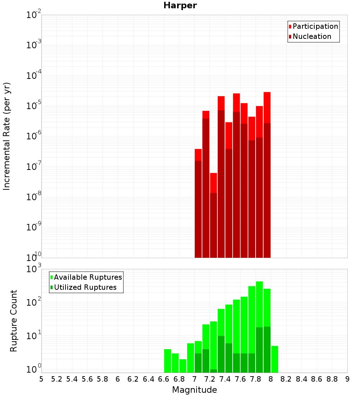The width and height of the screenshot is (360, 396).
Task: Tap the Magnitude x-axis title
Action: coord(194,390)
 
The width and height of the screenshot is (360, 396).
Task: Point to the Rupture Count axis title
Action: coord(14,321)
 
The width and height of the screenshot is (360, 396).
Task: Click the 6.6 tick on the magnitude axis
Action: coord(164,379)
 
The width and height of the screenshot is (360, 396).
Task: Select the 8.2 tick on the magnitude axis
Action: coord(286,379)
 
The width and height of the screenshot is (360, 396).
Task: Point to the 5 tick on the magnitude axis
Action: coord(41,379)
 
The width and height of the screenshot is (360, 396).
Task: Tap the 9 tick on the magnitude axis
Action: coord(347,379)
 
